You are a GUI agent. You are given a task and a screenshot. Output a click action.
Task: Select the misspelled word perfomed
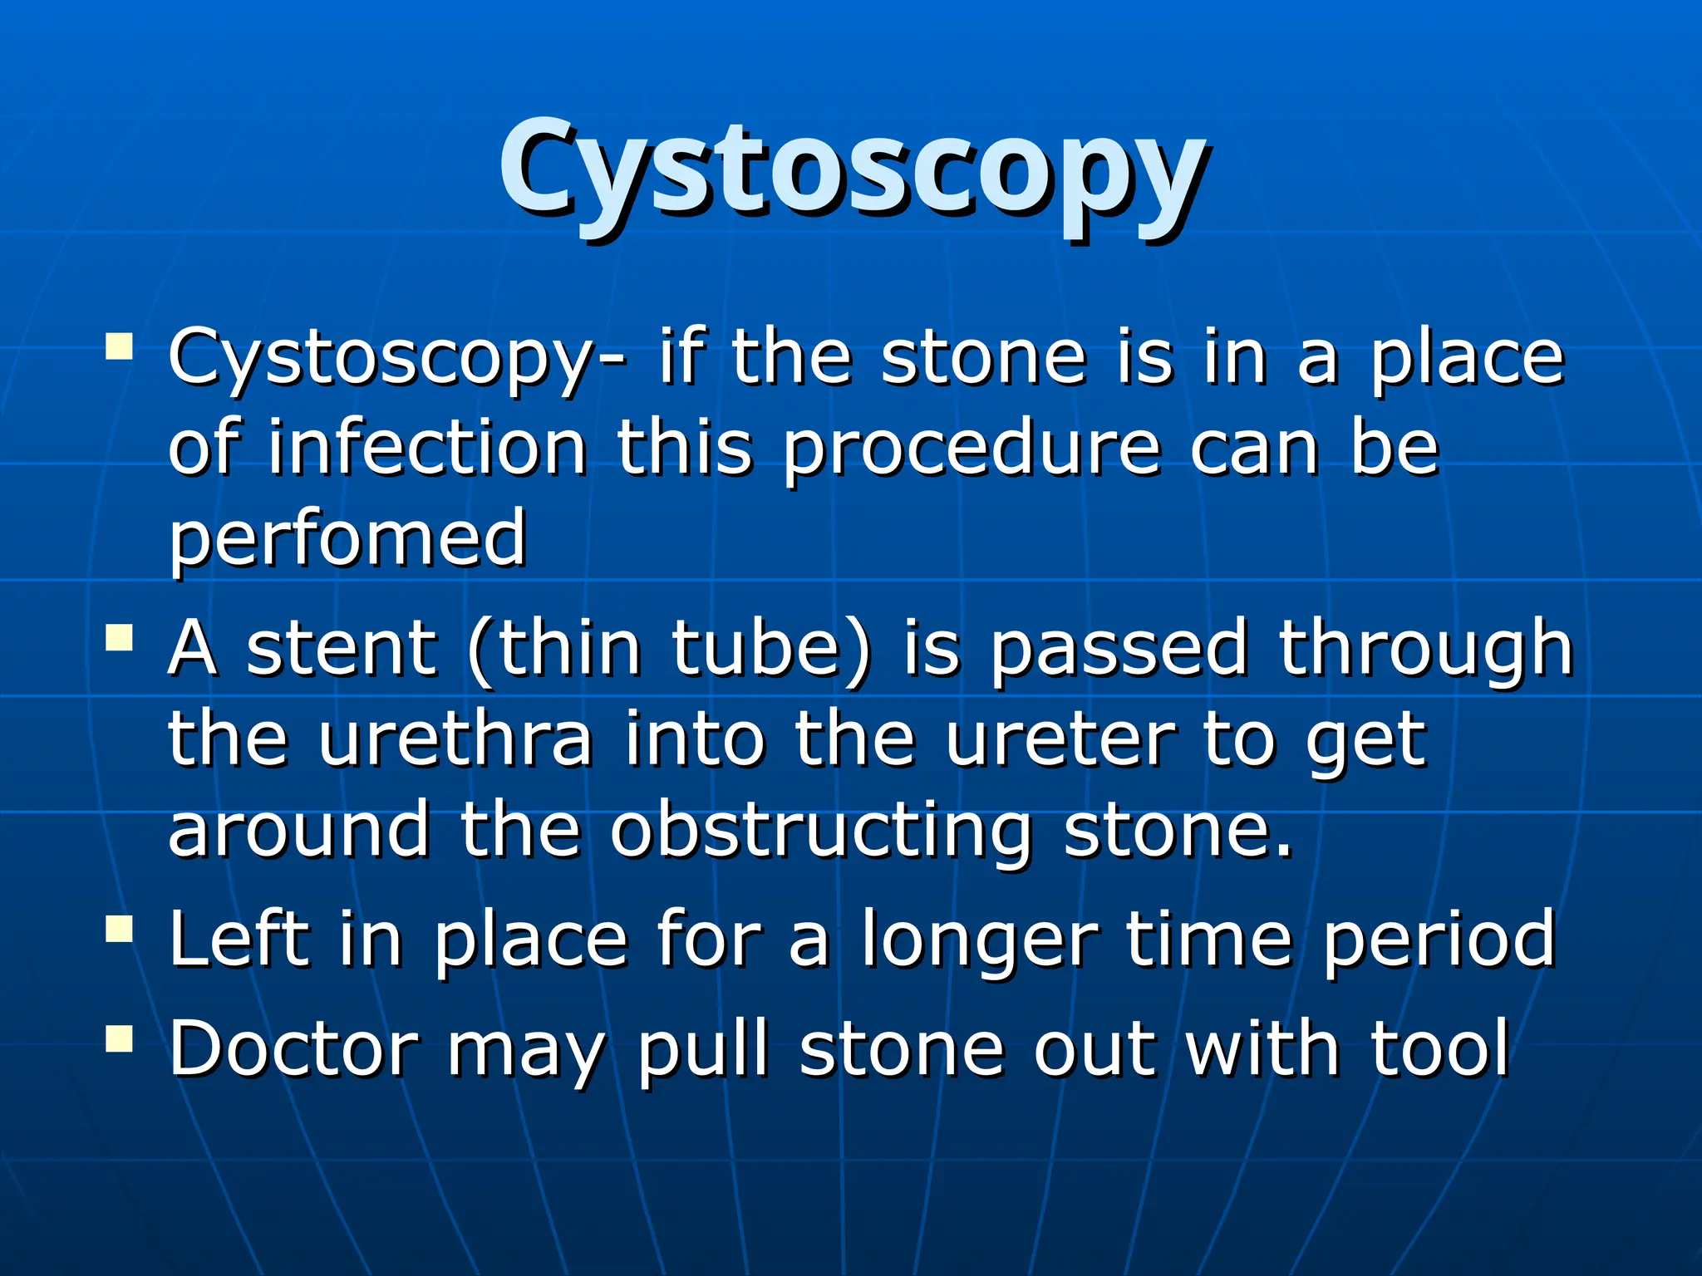click(x=347, y=540)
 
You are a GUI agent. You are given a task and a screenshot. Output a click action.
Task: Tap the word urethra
click(x=455, y=739)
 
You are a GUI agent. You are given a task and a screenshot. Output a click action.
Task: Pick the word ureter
click(x=1059, y=739)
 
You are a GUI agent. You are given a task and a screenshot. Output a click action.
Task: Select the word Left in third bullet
click(x=239, y=939)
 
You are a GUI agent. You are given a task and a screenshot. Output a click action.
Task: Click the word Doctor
click(x=293, y=1048)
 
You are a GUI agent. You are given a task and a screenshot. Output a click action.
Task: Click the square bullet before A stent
click(x=120, y=638)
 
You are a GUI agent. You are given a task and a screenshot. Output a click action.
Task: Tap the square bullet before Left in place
click(x=120, y=929)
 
